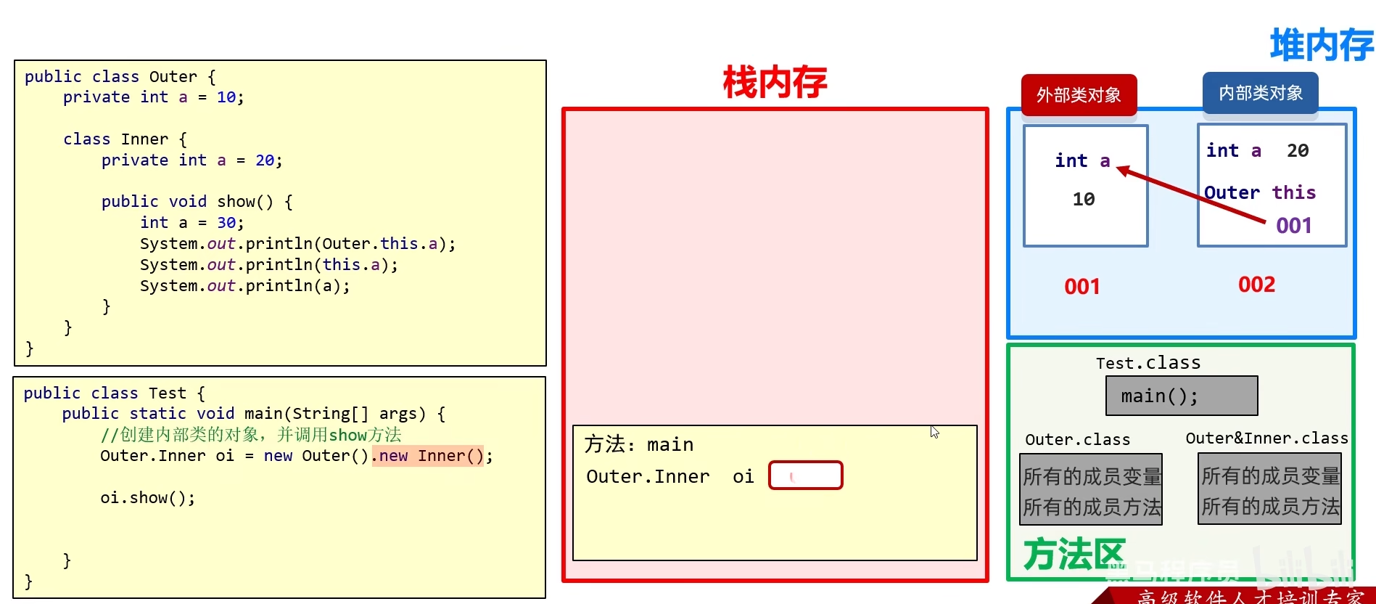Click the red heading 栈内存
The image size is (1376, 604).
(x=775, y=82)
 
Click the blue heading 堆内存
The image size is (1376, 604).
(x=1322, y=45)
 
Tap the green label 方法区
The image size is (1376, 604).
(x=1074, y=555)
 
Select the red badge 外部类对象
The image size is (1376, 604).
(x=1079, y=95)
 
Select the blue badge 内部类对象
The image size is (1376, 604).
(x=1260, y=93)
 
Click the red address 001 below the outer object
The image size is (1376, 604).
(x=1082, y=287)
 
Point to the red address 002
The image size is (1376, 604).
(x=1256, y=285)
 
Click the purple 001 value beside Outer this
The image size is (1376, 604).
(x=1293, y=226)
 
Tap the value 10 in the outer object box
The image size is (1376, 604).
(x=1084, y=199)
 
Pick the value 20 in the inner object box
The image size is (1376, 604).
(x=1298, y=150)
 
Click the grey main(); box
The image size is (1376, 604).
(x=1182, y=396)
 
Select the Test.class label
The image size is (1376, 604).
(x=1148, y=363)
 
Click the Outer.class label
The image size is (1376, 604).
(x=1077, y=440)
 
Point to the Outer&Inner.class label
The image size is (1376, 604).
(x=1266, y=438)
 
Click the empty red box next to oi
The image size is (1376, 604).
(x=805, y=476)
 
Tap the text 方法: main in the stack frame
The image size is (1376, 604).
(x=638, y=444)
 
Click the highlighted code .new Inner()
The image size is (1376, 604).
(x=427, y=456)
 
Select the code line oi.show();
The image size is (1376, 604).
(x=148, y=498)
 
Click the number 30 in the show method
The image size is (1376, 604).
(x=226, y=223)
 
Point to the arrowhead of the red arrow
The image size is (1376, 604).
(x=1121, y=170)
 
